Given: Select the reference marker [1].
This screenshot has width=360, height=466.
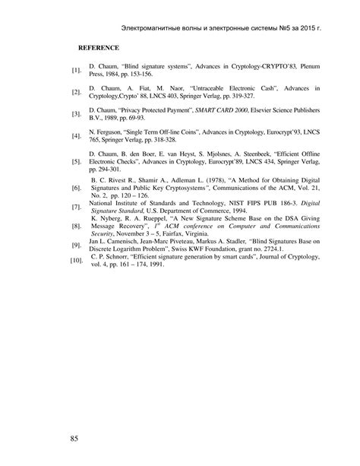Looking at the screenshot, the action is click(x=76, y=71).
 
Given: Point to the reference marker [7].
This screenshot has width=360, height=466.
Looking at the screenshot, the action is click(x=76, y=228).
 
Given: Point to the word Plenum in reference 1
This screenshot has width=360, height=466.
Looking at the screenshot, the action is click(x=309, y=67).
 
